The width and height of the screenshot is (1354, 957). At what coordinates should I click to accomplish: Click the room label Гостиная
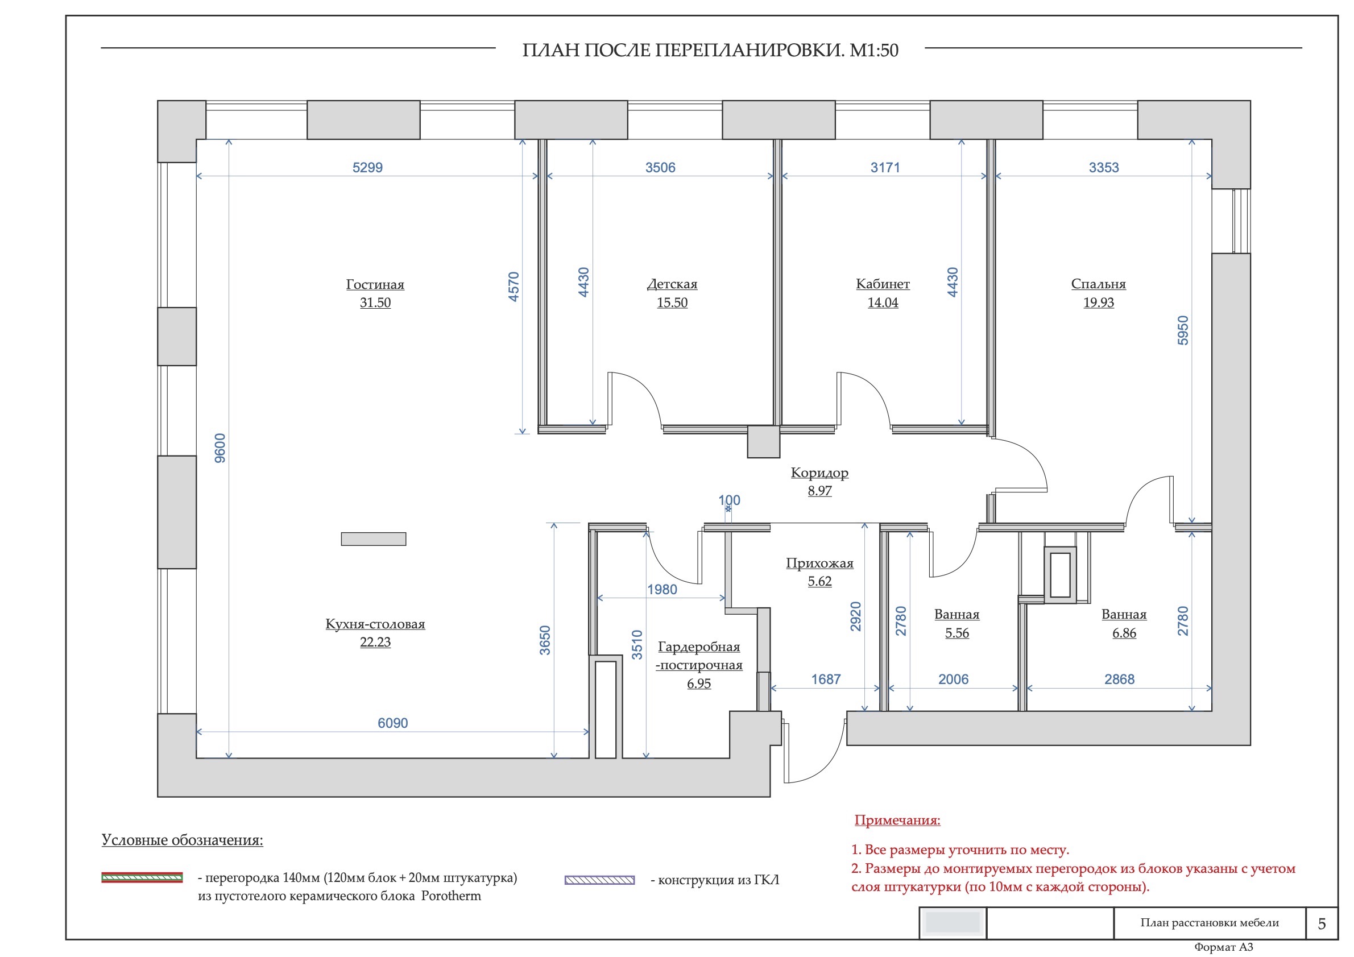[375, 284]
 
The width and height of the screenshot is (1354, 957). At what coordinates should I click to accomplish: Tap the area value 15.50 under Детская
[672, 303]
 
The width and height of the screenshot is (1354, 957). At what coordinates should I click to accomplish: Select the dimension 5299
[367, 167]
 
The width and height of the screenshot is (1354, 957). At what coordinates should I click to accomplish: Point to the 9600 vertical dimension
[220, 448]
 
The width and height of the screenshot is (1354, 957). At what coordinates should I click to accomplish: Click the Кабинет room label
[882, 284]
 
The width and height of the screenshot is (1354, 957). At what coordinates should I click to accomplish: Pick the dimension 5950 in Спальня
[1182, 330]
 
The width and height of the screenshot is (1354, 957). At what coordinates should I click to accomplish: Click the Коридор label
[819, 473]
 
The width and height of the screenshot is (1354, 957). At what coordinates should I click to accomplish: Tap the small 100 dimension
[729, 500]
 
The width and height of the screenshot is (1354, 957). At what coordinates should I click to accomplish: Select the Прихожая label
[819, 563]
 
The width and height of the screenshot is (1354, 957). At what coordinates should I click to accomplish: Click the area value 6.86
[1124, 633]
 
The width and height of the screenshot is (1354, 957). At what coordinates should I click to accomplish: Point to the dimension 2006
[953, 680]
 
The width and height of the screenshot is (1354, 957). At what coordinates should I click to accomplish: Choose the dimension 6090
[393, 723]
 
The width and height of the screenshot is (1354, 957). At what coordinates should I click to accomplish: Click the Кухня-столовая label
[375, 624]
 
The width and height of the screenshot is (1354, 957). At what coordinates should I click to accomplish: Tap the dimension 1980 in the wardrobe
[662, 590]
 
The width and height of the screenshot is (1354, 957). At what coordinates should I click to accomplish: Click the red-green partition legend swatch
[142, 877]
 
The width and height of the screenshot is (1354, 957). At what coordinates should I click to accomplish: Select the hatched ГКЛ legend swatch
[599, 880]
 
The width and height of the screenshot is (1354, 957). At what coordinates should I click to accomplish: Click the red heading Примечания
[897, 820]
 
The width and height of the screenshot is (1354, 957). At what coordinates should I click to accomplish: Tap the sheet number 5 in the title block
[1322, 923]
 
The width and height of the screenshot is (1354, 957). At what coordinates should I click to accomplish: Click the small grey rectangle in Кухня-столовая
[373, 539]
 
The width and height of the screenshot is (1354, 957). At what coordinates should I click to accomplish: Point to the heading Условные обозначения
[182, 840]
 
